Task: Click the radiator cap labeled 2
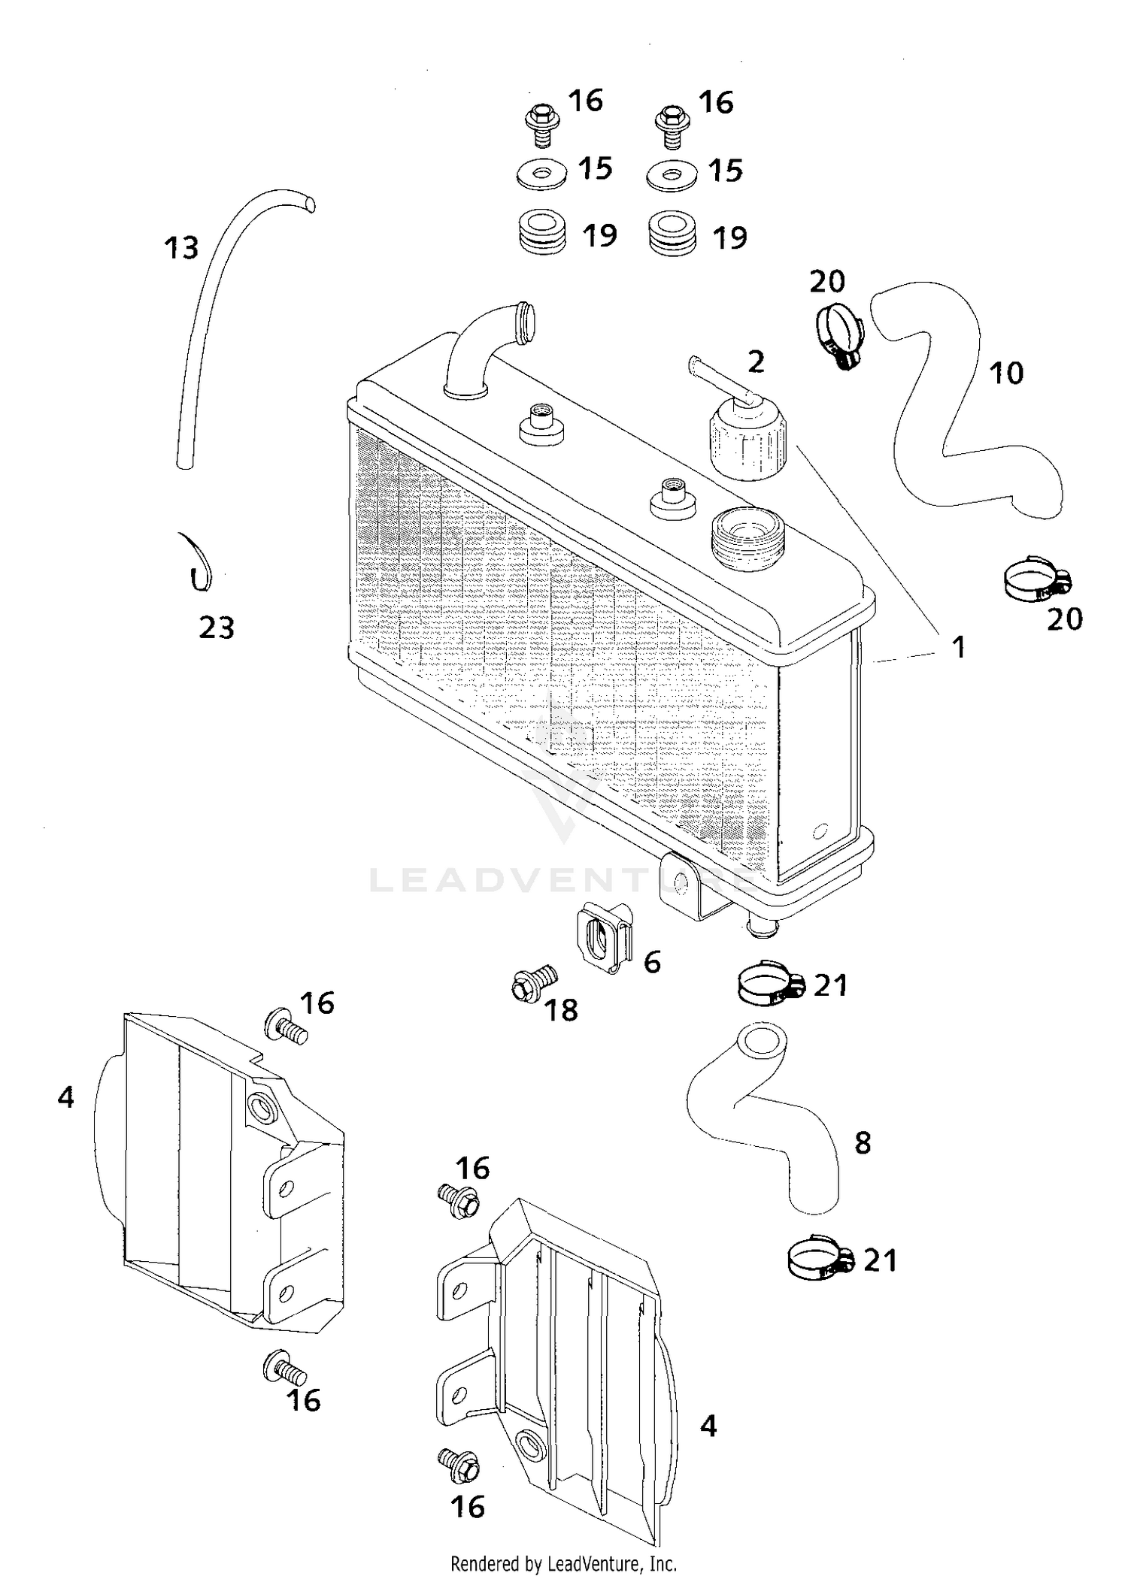click(746, 441)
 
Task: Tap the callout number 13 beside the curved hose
click(181, 248)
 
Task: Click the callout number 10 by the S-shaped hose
click(1005, 374)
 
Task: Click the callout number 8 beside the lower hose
click(863, 1142)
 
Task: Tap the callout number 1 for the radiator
click(959, 647)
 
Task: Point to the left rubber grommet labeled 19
click(543, 233)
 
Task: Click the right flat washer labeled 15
click(672, 174)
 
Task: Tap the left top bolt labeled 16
click(541, 126)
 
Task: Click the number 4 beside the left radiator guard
click(65, 1098)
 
